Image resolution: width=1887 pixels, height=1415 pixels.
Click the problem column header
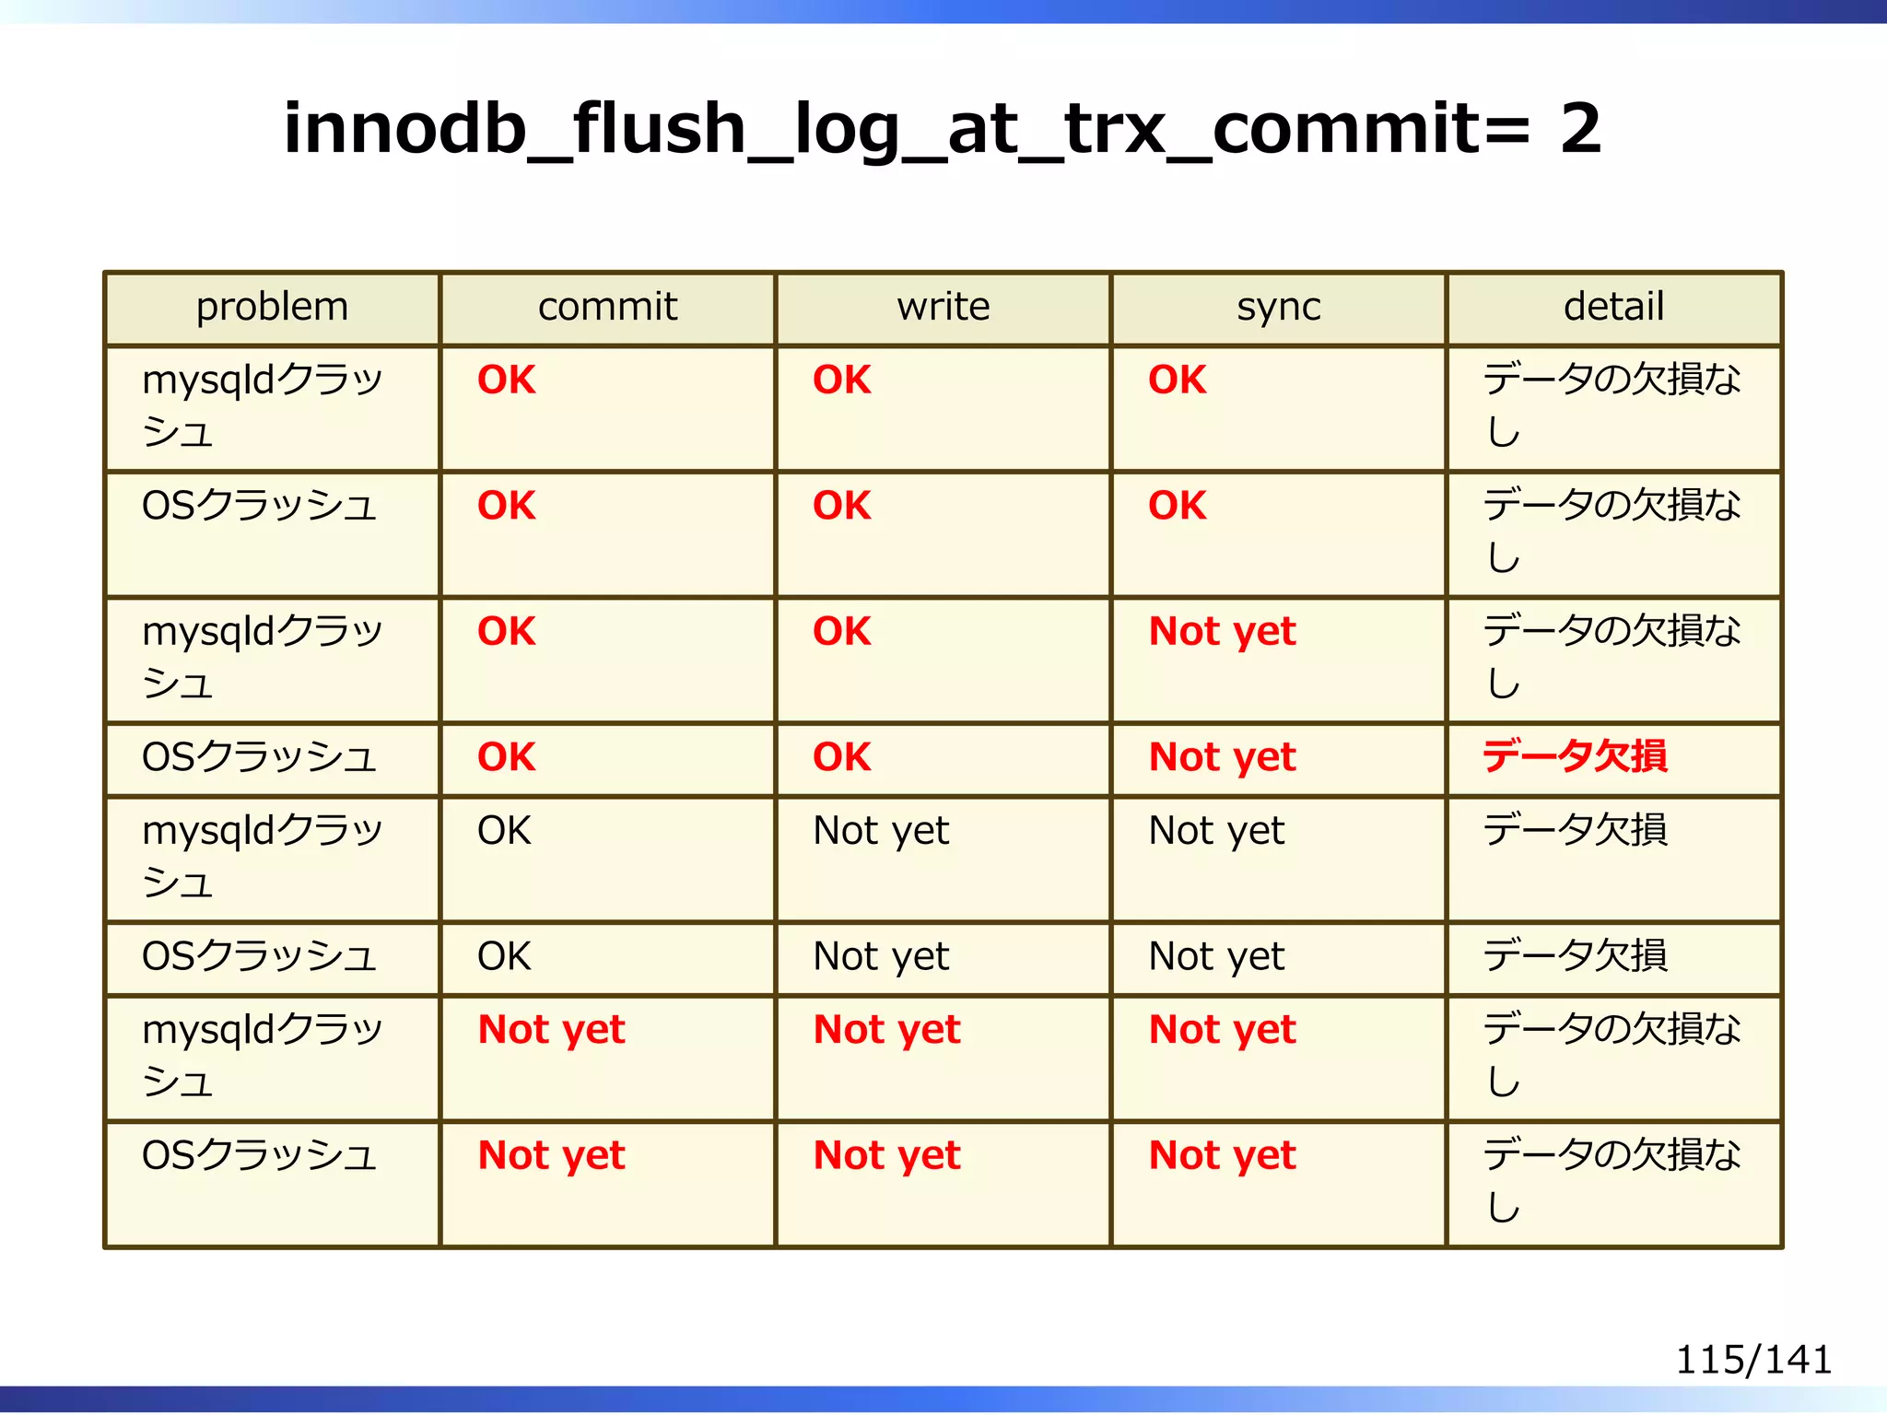[272, 307]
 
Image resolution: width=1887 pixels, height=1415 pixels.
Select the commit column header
[607, 307]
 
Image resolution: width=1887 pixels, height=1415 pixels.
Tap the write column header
[943, 307]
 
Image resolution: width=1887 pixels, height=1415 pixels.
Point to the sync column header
[1278, 307]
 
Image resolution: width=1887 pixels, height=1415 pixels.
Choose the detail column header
[1613, 307]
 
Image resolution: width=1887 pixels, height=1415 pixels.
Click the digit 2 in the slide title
[1580, 129]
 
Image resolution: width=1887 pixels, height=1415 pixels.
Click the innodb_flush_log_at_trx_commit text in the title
[885, 129]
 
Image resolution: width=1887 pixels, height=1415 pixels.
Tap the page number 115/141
[1752, 1360]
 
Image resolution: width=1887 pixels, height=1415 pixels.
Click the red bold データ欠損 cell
[1575, 757]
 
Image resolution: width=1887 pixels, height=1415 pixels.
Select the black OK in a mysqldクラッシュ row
[504, 831]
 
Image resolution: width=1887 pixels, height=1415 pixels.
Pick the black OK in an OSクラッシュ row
[504, 957]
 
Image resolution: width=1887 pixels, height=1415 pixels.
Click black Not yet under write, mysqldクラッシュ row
[880, 831]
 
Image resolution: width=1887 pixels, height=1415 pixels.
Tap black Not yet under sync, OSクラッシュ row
[1215, 957]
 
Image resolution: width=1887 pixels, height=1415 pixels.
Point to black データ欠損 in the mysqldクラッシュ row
[1575, 831]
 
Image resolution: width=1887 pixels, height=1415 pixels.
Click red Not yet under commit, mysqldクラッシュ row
[551, 1030]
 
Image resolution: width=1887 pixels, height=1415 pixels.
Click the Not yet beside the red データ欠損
[1222, 757]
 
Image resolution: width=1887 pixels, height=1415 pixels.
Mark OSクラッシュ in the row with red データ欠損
[259, 757]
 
